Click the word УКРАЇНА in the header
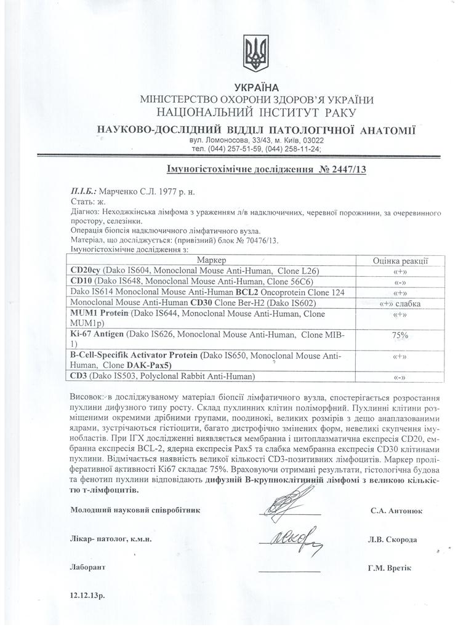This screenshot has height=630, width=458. coord(257,87)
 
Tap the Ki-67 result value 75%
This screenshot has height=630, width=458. coord(400,335)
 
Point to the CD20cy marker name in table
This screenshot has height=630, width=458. coord(86,271)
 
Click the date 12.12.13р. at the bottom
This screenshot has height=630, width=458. coord(88,596)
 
